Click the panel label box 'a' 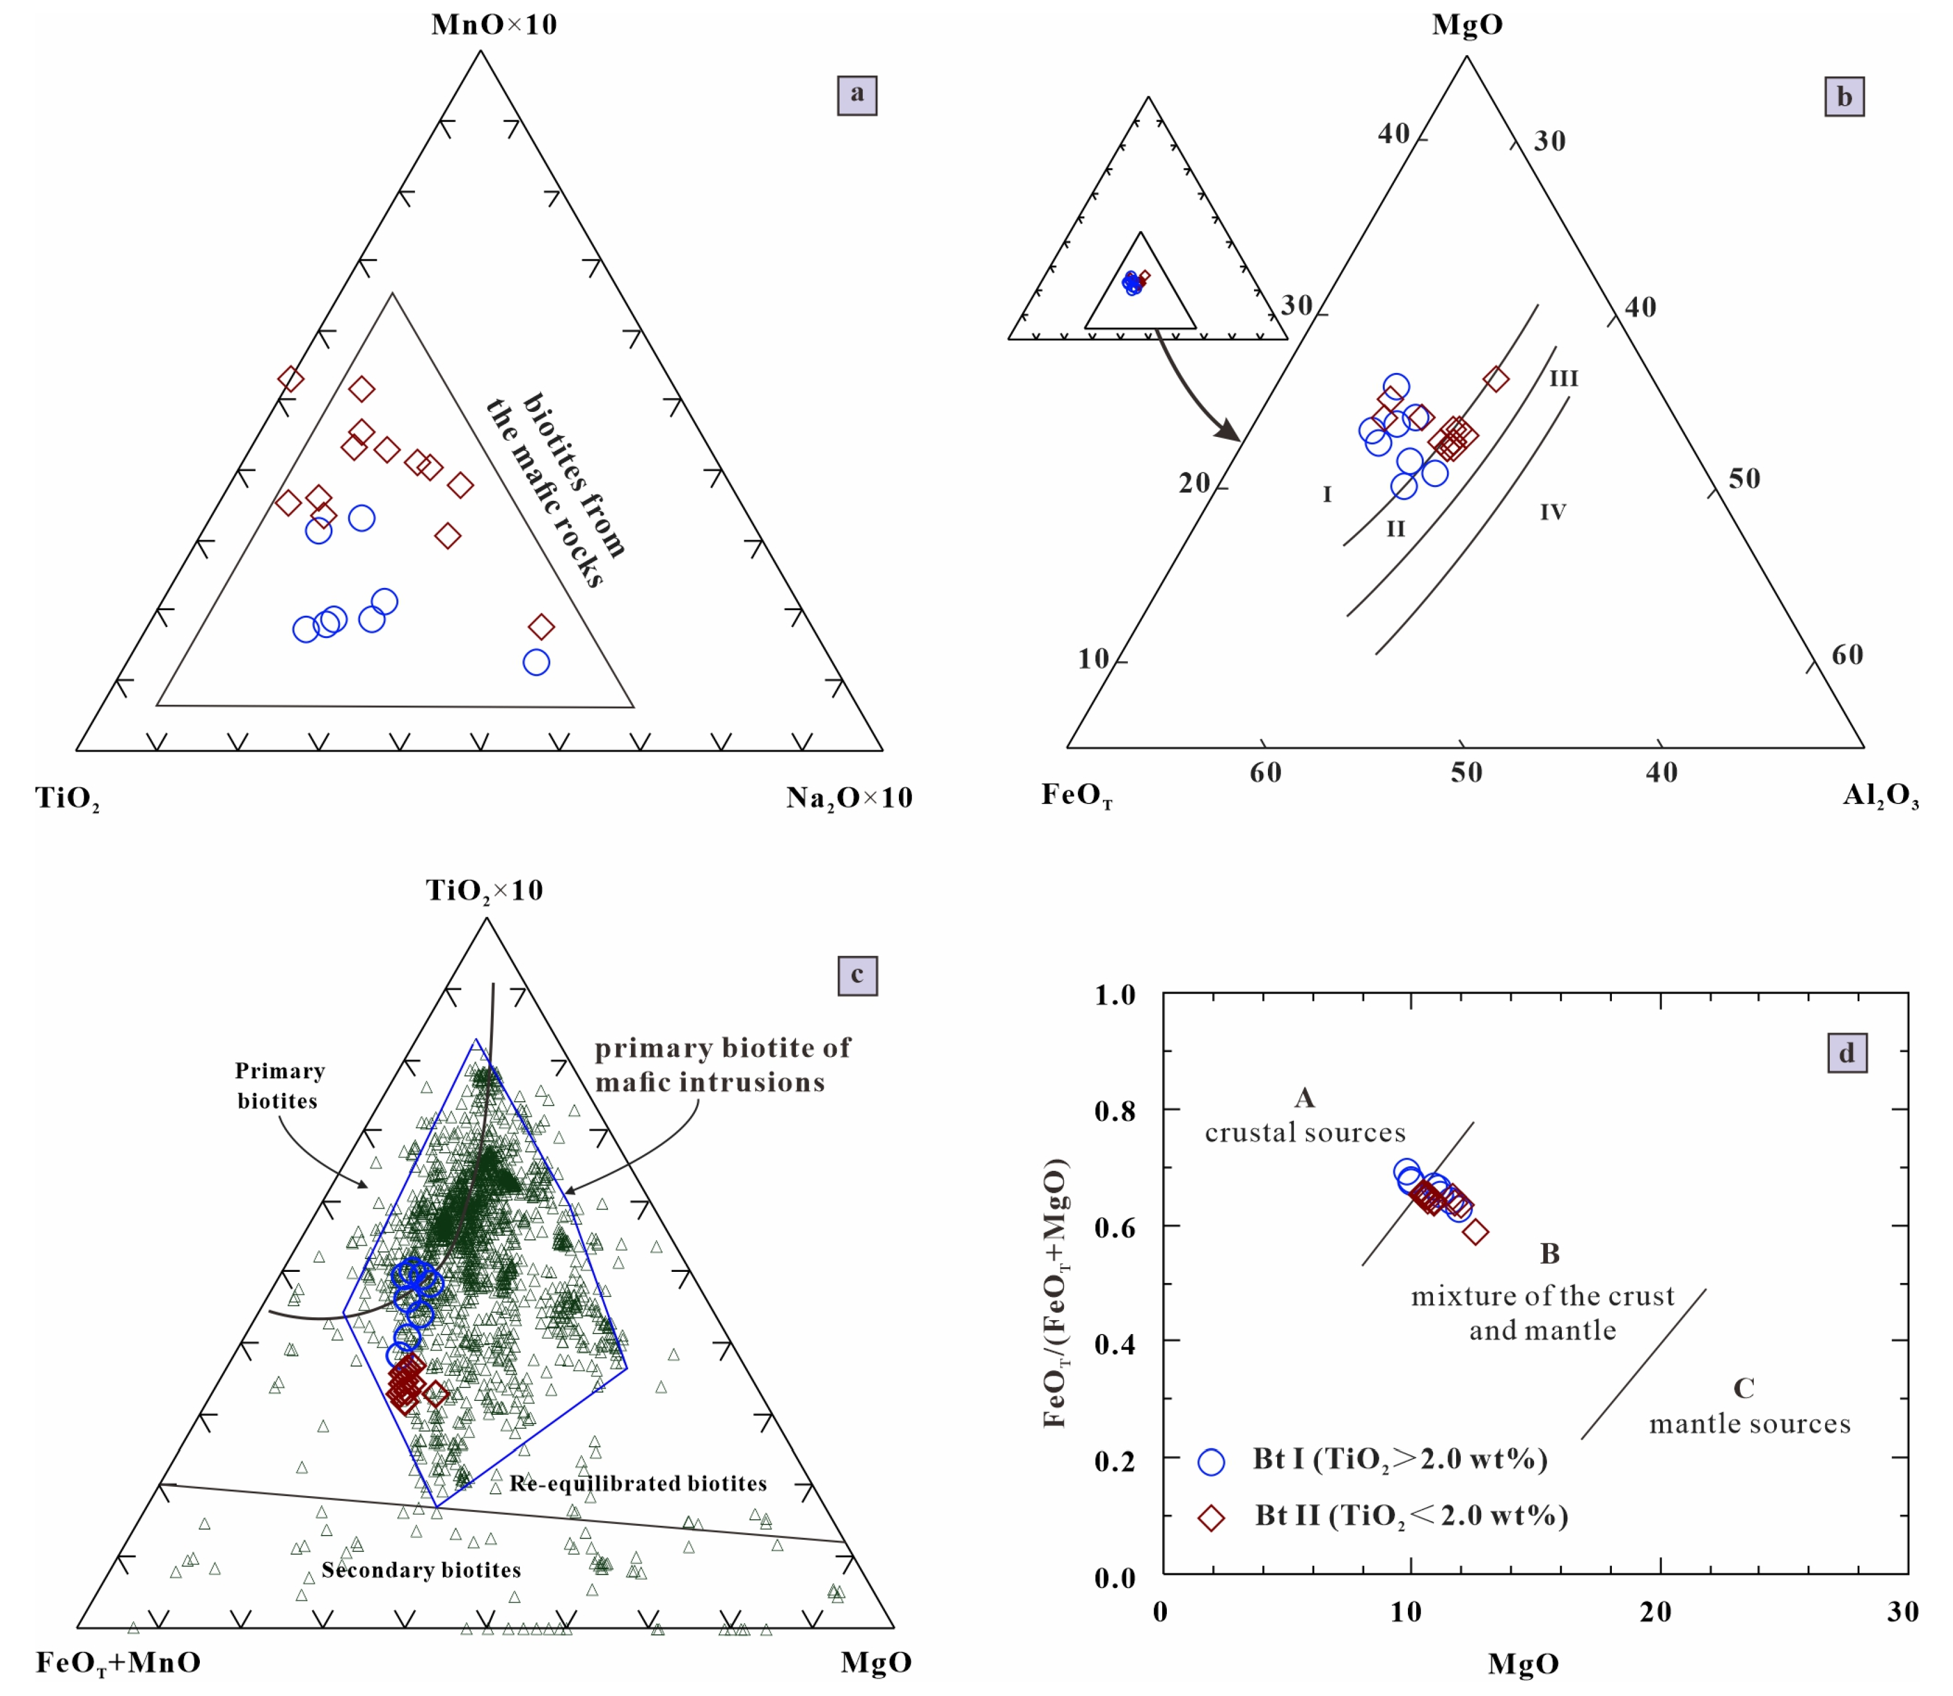(857, 95)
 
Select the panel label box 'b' (1844, 96)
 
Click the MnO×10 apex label (494, 24)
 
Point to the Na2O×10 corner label (849, 798)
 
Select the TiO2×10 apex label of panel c (485, 891)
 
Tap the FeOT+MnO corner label (119, 1662)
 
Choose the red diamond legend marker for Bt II (1211, 1518)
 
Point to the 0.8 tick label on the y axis (1115, 1109)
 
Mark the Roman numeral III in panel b (1563, 379)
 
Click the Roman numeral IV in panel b (1553, 512)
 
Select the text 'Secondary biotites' (421, 1570)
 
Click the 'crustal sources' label (1305, 1133)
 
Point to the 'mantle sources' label (1750, 1425)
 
